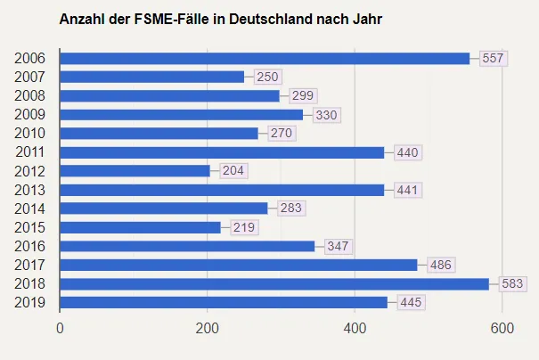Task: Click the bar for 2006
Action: [x=265, y=58]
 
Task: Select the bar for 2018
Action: [x=274, y=283]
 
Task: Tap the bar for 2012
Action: [x=135, y=170]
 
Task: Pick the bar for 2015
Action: [x=140, y=227]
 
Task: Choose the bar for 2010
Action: [x=159, y=133]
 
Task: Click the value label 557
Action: [x=493, y=58]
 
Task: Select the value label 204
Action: [x=233, y=170]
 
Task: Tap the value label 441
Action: [x=407, y=190]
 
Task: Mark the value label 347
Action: [x=338, y=246]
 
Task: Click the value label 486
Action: [x=441, y=265]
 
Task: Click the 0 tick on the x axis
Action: [x=60, y=328]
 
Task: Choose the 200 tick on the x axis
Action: [x=208, y=328]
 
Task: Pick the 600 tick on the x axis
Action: [x=502, y=328]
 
